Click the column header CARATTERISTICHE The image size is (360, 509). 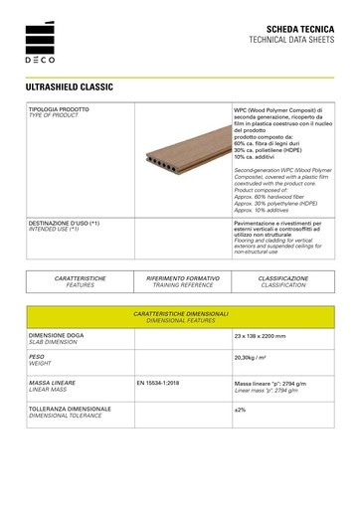(x=81, y=278)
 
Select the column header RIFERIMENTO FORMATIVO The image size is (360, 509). (x=182, y=278)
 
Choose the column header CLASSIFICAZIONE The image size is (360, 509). (x=282, y=278)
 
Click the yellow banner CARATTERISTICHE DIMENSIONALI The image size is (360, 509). (x=181, y=314)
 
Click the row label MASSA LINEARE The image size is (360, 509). (x=56, y=381)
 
